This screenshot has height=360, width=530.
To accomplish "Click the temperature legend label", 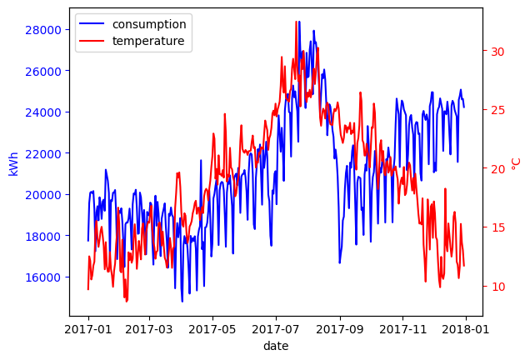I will tap(148, 41).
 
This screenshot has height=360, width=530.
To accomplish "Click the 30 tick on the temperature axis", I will tap(498, 52).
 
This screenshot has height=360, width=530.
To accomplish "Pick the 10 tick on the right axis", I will tap(498, 287).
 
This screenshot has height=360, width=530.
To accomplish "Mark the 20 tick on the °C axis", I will tap(498, 169).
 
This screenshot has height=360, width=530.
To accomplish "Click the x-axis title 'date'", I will tap(276, 346).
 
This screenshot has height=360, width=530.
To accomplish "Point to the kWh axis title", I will tap(13, 162).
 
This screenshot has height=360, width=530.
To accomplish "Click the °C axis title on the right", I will tap(517, 162).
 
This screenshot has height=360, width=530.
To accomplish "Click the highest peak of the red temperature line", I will tap(297, 22).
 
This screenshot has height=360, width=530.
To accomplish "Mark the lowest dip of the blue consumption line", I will tap(182, 301).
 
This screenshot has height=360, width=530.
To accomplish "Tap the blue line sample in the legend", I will tap(93, 23).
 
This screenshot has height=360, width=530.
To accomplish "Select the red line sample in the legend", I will tap(93, 41).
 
